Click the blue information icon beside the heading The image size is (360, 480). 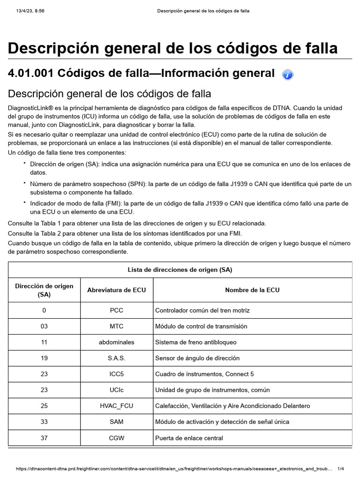tap(288, 75)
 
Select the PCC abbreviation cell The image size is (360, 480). tap(116, 310)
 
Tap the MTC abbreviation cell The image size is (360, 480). tap(116, 326)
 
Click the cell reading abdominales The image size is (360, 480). tap(116, 342)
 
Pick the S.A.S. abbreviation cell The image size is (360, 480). tap(116, 358)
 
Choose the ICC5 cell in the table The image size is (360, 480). tap(116, 374)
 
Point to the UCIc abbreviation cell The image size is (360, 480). tap(116, 390)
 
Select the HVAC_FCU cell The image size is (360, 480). tap(116, 406)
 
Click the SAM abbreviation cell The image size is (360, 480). tap(116, 422)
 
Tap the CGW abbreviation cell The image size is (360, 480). tap(116, 438)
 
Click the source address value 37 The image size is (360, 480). tap(44, 438)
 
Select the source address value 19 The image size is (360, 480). tap(44, 358)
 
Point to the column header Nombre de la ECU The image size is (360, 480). tap(252, 290)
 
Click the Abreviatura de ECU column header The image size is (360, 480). tap(116, 290)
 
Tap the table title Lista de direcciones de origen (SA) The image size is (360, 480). tap(180, 270)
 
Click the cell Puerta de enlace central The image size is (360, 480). tap(189, 438)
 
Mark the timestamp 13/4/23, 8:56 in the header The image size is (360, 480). tap(27, 11)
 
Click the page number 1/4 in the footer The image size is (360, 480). tap(341, 469)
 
